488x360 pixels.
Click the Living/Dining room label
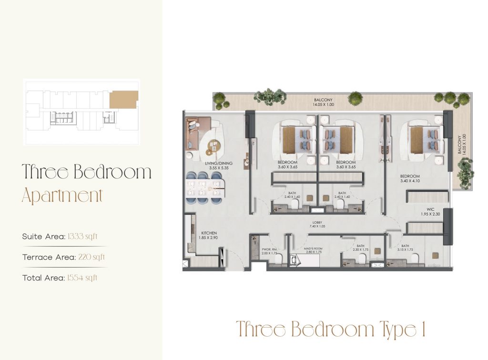pos(218,163)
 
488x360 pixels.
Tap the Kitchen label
pos(209,233)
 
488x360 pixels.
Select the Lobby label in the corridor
pos(317,223)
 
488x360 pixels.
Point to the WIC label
pos(430,210)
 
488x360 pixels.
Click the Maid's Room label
pos(313,248)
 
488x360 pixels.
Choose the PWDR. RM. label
pos(270,249)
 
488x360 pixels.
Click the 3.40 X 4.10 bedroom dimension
pos(410,181)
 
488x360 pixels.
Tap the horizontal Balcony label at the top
pos(323,100)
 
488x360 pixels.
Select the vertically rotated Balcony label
pos(460,144)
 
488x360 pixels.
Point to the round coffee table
pos(213,148)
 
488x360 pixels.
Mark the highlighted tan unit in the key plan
pos(124,100)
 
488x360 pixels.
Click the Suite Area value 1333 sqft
pos(82,237)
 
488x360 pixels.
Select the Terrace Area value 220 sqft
pos(91,257)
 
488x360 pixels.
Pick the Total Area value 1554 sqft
pos(82,278)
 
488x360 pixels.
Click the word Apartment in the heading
pos(62,195)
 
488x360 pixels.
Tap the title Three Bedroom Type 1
pos(331,329)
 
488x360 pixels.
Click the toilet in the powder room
pos(279,259)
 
